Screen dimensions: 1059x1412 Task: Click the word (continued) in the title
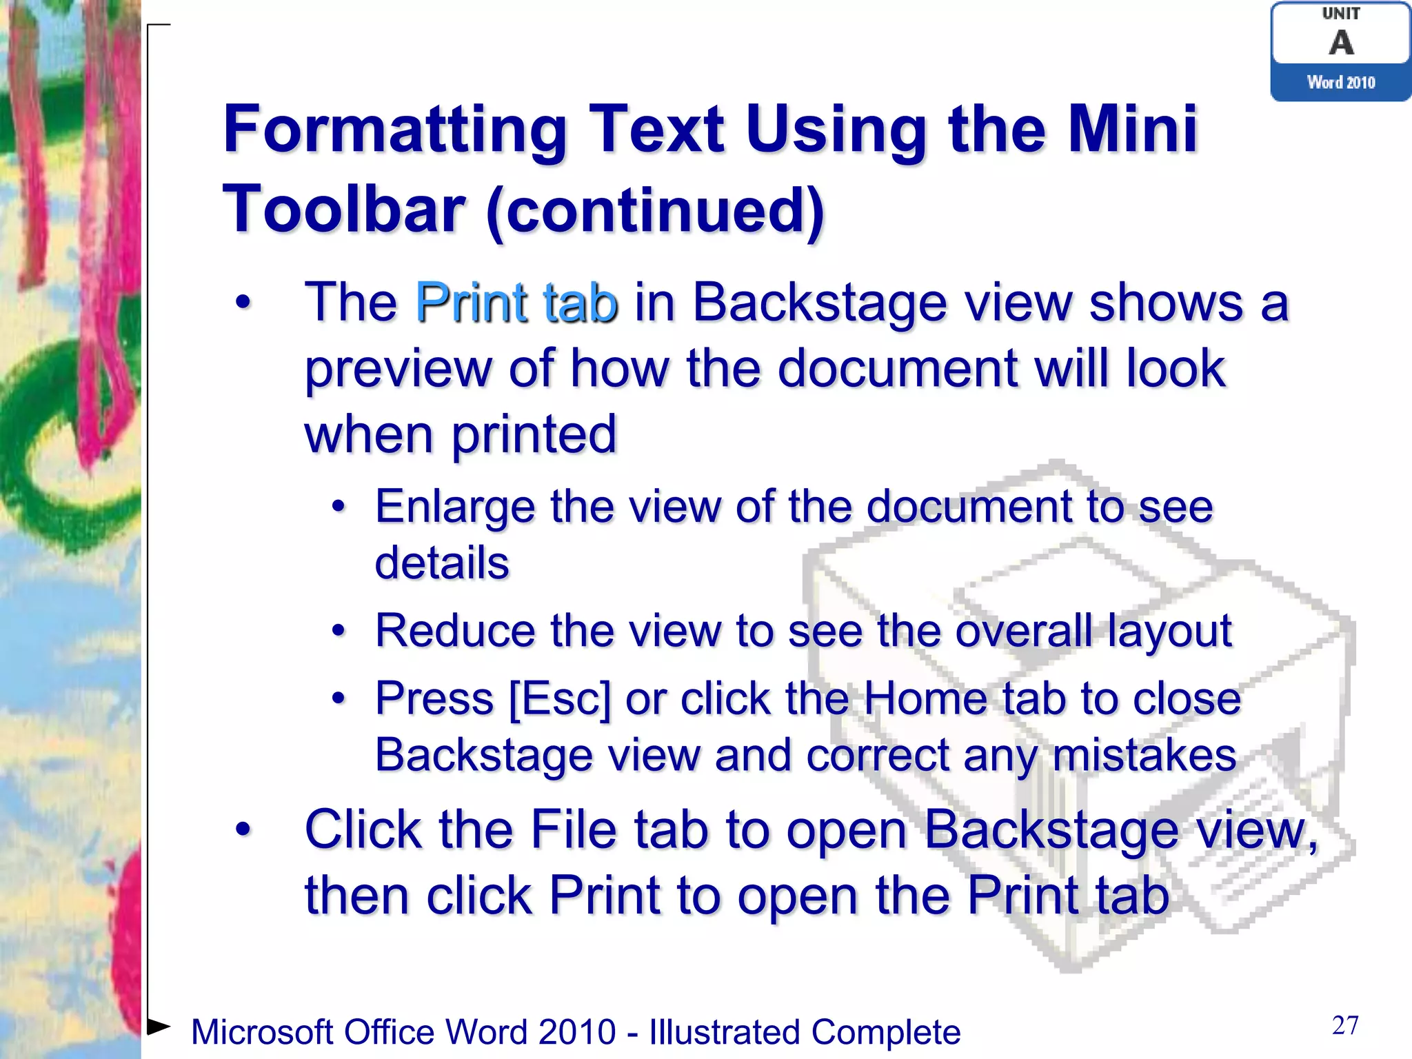(655, 210)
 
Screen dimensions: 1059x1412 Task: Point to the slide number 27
(1345, 1025)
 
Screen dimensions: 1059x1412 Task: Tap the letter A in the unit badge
(1341, 43)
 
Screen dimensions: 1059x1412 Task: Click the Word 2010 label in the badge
(1341, 83)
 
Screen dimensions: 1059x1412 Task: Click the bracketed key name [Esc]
(560, 699)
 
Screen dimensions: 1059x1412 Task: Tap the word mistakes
(1144, 755)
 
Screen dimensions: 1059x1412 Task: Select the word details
(442, 563)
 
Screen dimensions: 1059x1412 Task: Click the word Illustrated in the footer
(723, 1032)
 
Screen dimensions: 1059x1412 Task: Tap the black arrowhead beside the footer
(159, 1026)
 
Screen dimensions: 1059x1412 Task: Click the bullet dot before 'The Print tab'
(243, 302)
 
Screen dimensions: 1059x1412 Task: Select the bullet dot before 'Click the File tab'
(243, 829)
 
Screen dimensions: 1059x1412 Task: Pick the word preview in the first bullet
(399, 368)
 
